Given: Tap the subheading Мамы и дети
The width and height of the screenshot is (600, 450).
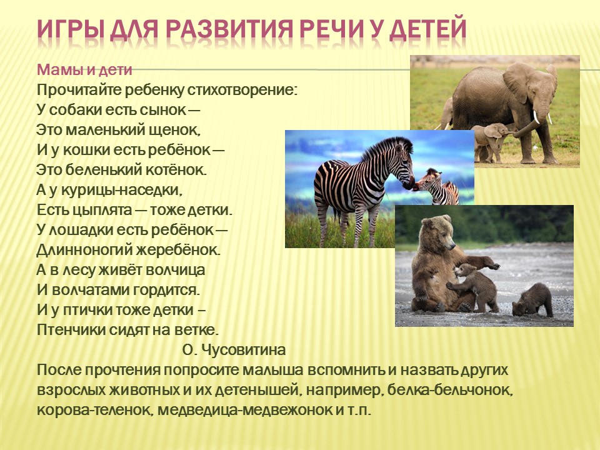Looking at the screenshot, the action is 84,69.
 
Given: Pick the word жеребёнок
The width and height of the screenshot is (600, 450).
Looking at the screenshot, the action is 178,250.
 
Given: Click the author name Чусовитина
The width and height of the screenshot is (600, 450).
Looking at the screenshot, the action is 243,350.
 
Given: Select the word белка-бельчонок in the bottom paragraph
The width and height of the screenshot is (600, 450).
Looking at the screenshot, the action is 450,390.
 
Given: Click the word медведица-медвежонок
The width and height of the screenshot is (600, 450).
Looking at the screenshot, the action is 245,410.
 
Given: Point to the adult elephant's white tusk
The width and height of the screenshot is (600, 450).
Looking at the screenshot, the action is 536,117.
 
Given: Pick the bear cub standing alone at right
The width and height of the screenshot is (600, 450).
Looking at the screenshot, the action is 533,299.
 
